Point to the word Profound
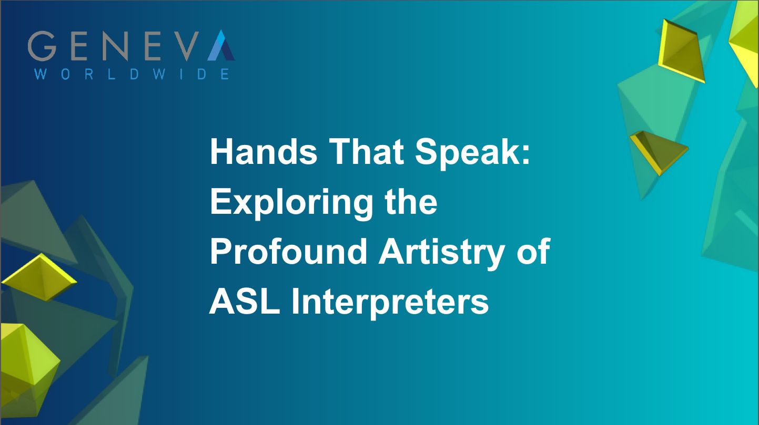288,252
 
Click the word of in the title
534,252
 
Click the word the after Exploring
411,202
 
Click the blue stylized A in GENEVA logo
220,46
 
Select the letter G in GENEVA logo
41,46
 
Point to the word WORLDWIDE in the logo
131,74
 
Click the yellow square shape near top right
681,51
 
